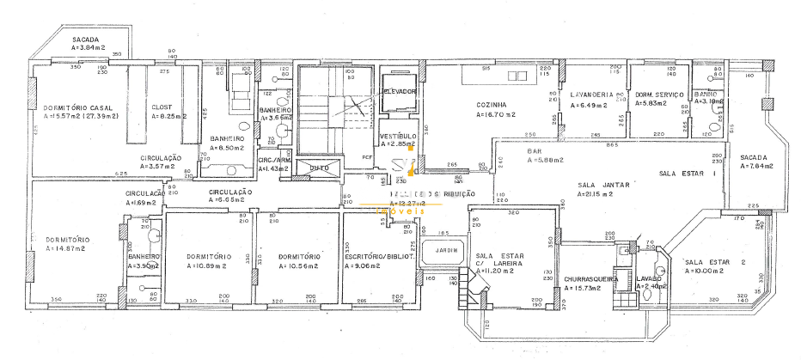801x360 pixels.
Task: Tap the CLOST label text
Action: (x=162, y=107)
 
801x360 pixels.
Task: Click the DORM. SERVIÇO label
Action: (x=658, y=94)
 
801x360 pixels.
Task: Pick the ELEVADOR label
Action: (x=399, y=91)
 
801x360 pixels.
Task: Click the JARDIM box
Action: (x=445, y=251)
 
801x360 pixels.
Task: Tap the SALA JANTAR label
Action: (x=604, y=185)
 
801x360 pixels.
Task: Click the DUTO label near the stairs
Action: (x=319, y=168)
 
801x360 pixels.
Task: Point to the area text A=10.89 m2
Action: (x=206, y=266)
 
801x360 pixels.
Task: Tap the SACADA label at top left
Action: (x=86, y=40)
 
